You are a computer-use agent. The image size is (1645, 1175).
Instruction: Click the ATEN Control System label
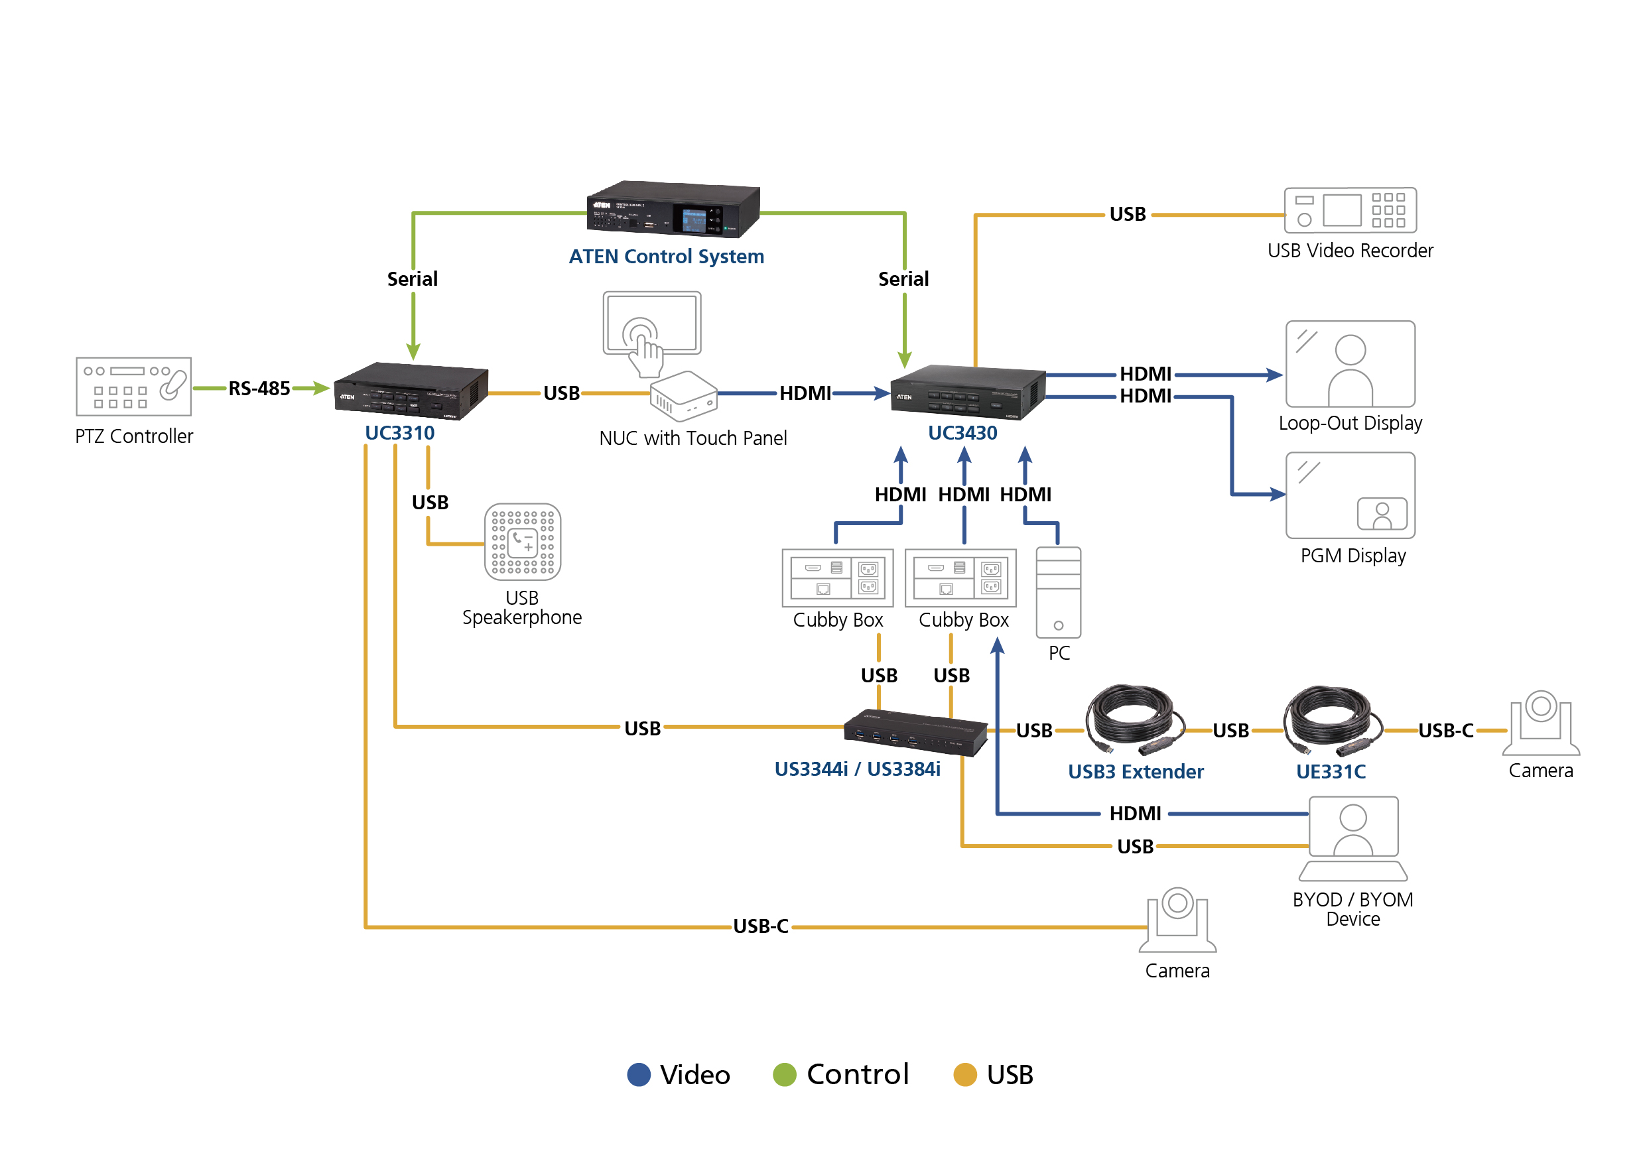(666, 257)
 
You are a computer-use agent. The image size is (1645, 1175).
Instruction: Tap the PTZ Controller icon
(134, 387)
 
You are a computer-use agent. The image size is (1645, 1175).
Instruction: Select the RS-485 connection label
(259, 389)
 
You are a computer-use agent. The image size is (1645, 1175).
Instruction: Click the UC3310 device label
(399, 432)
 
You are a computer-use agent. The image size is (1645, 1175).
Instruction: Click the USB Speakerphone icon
(523, 542)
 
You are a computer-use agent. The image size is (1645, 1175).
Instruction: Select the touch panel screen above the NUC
(651, 324)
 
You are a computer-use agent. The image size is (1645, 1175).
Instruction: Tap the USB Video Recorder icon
(1350, 211)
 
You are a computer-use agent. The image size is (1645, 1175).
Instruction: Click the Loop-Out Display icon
(1350, 364)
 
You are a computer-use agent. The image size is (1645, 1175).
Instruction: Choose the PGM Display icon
(1350, 495)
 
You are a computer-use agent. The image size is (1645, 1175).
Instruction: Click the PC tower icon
(1058, 592)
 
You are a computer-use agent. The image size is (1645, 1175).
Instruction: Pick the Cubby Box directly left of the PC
(960, 578)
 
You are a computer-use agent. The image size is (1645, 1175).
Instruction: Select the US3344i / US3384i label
(857, 769)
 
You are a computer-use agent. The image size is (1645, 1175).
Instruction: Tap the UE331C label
(1330, 771)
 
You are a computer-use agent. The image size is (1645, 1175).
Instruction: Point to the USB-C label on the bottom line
(761, 926)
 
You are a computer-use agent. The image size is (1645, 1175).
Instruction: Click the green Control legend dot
(785, 1074)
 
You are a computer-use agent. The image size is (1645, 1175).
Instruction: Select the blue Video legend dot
(638, 1074)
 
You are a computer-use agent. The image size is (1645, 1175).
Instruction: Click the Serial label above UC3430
(903, 279)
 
